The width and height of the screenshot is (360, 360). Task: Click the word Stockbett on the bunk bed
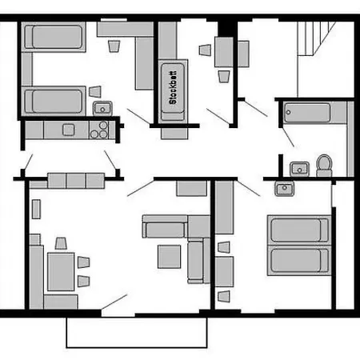pyautogui.click(x=173, y=87)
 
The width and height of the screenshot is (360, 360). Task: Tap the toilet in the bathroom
pyautogui.click(x=324, y=166)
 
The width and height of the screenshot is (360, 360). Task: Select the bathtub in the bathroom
pyautogui.click(x=307, y=113)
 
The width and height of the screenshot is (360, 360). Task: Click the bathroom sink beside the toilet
pyautogui.click(x=299, y=169)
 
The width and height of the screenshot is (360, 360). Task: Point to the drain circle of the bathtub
pyautogui.click(x=288, y=112)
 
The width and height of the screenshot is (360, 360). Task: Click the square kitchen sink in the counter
pyautogui.click(x=69, y=130)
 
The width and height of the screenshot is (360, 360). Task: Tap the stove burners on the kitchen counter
pyautogui.click(x=99, y=130)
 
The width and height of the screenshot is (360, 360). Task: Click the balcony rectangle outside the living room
pyautogui.click(x=137, y=333)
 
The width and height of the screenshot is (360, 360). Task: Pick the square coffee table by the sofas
pyautogui.click(x=169, y=257)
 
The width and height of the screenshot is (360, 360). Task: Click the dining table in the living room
pyautogui.click(x=61, y=272)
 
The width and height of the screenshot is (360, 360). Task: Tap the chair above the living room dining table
pyautogui.click(x=61, y=243)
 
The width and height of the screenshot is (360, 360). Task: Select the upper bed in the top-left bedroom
pyautogui.click(x=54, y=37)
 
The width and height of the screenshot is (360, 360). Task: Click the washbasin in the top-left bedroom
pyautogui.click(x=102, y=108)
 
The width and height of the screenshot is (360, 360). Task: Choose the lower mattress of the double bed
pyautogui.click(x=299, y=261)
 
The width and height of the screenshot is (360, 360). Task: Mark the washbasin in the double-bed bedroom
pyautogui.click(x=284, y=189)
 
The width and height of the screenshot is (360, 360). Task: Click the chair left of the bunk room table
pyautogui.click(x=205, y=50)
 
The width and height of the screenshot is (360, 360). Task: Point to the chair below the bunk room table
pyautogui.click(x=224, y=77)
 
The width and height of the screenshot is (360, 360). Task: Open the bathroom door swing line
pyautogui.click(x=288, y=137)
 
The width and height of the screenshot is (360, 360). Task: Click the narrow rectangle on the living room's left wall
pyautogui.click(x=36, y=210)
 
